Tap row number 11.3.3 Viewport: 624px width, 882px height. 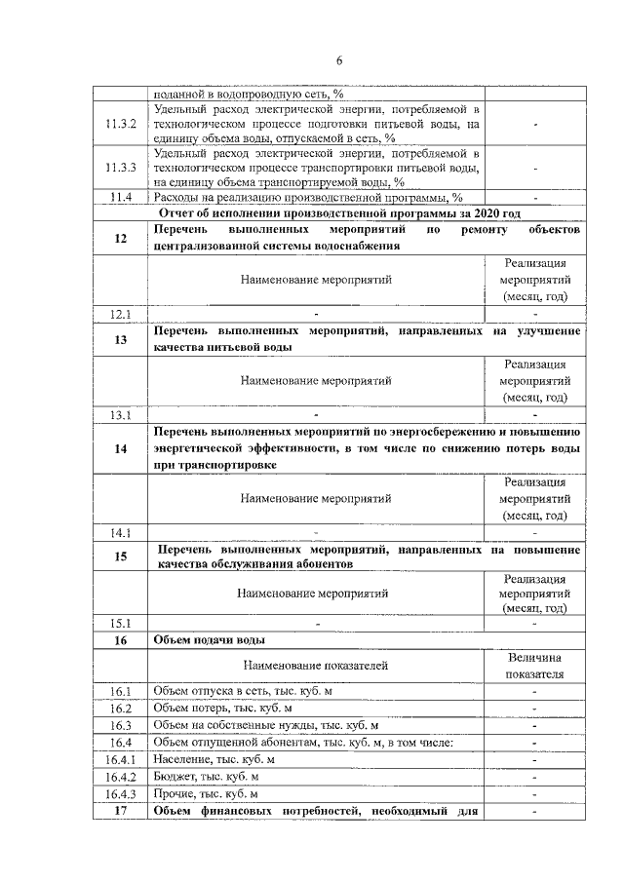[120, 167]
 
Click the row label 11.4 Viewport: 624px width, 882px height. [120, 198]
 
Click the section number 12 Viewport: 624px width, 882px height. [120, 238]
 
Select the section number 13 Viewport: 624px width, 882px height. [120, 339]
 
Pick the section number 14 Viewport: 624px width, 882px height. [120, 449]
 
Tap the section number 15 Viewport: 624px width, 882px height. [120, 556]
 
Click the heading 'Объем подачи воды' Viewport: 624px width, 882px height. [210, 640]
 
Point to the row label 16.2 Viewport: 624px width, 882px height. [120, 709]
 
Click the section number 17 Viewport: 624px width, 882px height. [120, 811]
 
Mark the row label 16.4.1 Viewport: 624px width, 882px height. [120, 759]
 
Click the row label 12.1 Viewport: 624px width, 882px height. [120, 313]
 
